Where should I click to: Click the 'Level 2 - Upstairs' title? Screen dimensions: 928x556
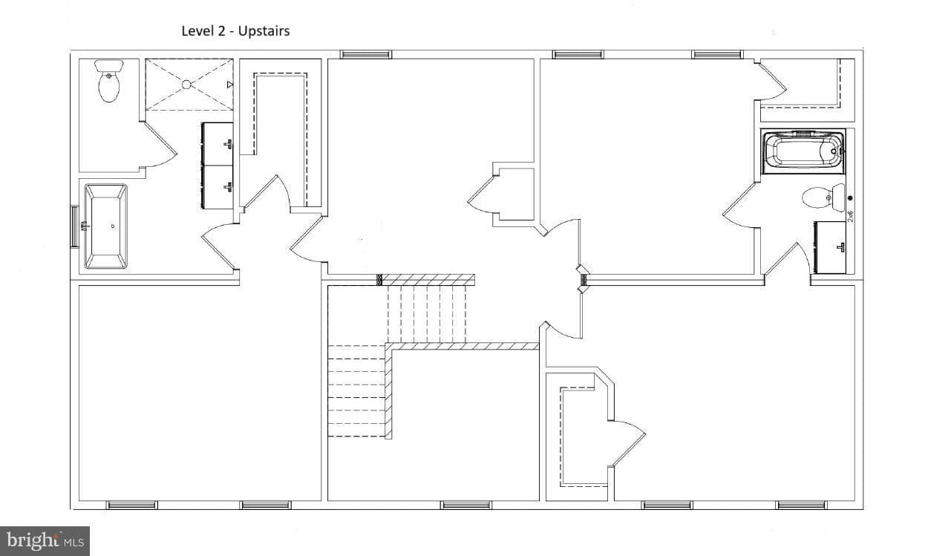(x=235, y=31)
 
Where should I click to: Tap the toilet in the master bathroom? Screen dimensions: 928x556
(x=109, y=81)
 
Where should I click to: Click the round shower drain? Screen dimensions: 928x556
(x=186, y=85)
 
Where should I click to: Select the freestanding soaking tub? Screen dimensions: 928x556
(x=105, y=226)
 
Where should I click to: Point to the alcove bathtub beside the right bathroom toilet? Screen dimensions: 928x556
(x=803, y=151)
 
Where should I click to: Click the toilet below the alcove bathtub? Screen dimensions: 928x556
(x=823, y=197)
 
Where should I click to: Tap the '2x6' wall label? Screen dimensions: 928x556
(x=850, y=216)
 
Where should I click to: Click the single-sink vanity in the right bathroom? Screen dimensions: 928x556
(x=831, y=247)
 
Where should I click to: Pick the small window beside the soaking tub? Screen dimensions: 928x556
(x=74, y=226)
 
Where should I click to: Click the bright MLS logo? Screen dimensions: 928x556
(x=45, y=541)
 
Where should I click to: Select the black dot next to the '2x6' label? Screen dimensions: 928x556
(x=850, y=198)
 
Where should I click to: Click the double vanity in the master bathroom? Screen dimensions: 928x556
(x=217, y=166)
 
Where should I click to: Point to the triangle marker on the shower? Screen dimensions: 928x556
(x=230, y=85)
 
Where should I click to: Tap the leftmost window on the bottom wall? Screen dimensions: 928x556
(x=131, y=505)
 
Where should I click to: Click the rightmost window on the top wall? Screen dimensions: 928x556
(x=717, y=55)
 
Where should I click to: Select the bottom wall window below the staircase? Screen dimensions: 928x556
(x=465, y=505)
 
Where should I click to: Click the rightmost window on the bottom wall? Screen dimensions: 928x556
(x=801, y=505)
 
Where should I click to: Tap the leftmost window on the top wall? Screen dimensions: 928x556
(x=366, y=55)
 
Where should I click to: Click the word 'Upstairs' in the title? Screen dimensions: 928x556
(x=264, y=31)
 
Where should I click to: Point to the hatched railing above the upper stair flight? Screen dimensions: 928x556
(x=428, y=280)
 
